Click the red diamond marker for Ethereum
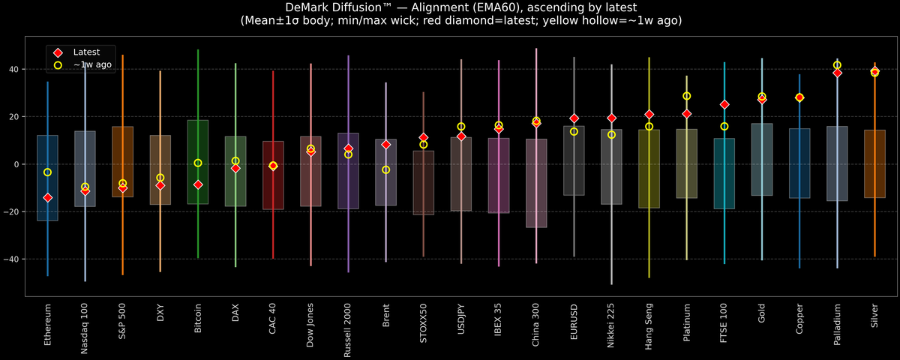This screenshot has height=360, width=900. point(47,198)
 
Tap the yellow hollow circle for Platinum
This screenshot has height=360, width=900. point(686,96)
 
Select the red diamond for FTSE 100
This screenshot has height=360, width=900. point(724,105)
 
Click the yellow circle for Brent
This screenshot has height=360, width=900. point(385,170)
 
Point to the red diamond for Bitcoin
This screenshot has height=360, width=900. point(198,184)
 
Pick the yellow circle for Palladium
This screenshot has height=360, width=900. point(837,65)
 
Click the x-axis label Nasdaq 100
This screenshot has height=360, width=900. point(85,328)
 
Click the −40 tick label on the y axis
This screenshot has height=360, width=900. point(13,259)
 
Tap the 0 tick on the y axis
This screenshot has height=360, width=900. point(18,164)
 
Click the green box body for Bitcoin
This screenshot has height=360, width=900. point(198,162)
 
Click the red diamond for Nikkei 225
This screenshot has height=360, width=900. point(611,118)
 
